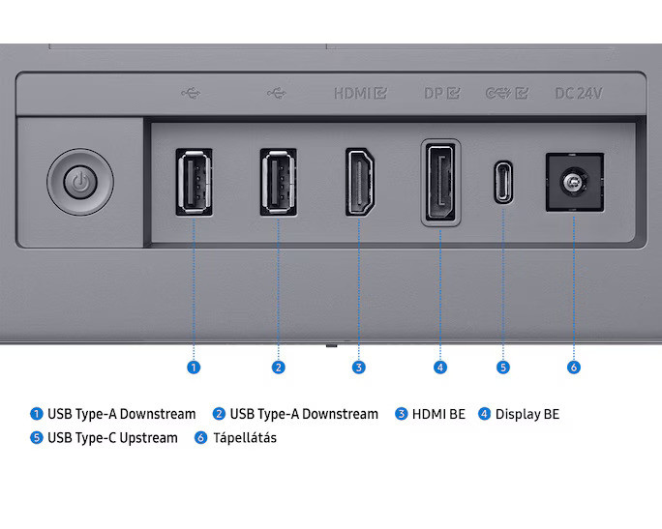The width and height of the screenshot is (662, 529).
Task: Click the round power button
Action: [x=80, y=182]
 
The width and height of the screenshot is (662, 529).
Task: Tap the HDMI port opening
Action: [x=360, y=182]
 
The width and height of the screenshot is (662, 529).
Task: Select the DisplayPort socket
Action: [x=440, y=182]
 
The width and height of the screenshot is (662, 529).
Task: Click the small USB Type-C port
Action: [x=503, y=182]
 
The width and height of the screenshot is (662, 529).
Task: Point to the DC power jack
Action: [x=575, y=182]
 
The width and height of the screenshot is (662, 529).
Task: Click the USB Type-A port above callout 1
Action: [x=194, y=182]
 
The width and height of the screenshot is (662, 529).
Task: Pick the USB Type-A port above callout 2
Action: [x=278, y=182]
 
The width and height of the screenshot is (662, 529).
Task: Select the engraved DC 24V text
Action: [x=579, y=93]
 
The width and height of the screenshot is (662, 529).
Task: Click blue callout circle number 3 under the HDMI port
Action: [x=359, y=367]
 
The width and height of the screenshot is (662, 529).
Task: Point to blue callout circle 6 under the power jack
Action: [x=574, y=367]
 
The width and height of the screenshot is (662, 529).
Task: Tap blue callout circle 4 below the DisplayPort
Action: [x=440, y=367]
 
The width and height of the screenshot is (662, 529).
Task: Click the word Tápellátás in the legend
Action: [x=245, y=438]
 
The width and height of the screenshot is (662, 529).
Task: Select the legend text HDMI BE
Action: [x=438, y=414]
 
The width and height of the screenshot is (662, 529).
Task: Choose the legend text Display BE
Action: [x=527, y=414]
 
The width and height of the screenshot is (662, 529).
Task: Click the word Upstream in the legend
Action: [x=149, y=438]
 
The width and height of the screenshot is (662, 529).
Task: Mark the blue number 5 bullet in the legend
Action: [x=37, y=437]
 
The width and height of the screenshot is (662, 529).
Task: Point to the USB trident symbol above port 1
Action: [x=192, y=93]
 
